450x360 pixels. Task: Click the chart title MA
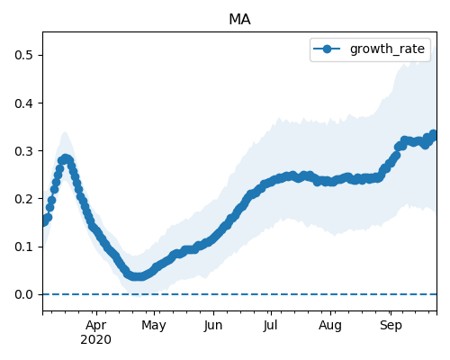tap(239, 20)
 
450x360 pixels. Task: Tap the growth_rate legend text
tap(387, 49)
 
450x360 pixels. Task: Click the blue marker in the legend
tap(327, 49)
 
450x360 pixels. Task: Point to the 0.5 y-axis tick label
tap(23, 55)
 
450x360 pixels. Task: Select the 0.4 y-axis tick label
tap(23, 103)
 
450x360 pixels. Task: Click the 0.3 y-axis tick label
tap(23, 151)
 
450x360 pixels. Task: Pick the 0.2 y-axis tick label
tap(23, 199)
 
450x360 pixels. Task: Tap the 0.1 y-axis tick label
tap(23, 247)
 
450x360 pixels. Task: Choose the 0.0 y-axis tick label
tap(23, 294)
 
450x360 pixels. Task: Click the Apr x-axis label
tap(96, 326)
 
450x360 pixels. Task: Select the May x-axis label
tap(154, 326)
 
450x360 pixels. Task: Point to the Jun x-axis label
tap(213, 326)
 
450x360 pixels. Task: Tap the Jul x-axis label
tap(271, 326)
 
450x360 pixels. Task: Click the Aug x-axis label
tap(330, 326)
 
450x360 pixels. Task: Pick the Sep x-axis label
tap(391, 326)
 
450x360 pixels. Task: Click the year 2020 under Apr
tap(96, 339)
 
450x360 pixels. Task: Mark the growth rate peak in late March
tap(65, 158)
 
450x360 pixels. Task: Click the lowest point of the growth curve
tap(137, 276)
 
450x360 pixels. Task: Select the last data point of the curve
tap(433, 134)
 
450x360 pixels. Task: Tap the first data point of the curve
tap(44, 222)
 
